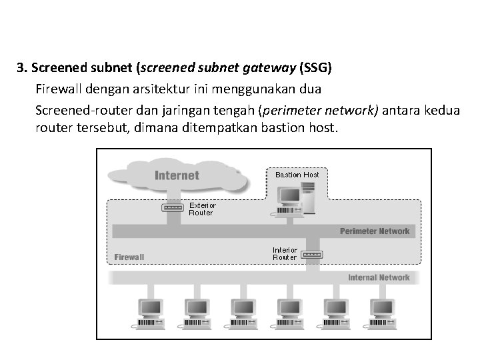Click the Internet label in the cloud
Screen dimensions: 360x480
[177, 175]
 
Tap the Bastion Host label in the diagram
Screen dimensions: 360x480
[297, 175]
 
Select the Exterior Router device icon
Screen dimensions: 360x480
[173, 207]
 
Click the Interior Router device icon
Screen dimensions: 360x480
[312, 255]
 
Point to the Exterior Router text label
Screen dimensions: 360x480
[202, 209]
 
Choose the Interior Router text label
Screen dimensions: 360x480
[285, 254]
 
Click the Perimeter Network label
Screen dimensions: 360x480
[375, 231]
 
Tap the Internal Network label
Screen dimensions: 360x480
[379, 277]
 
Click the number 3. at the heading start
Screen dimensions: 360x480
[22, 68]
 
